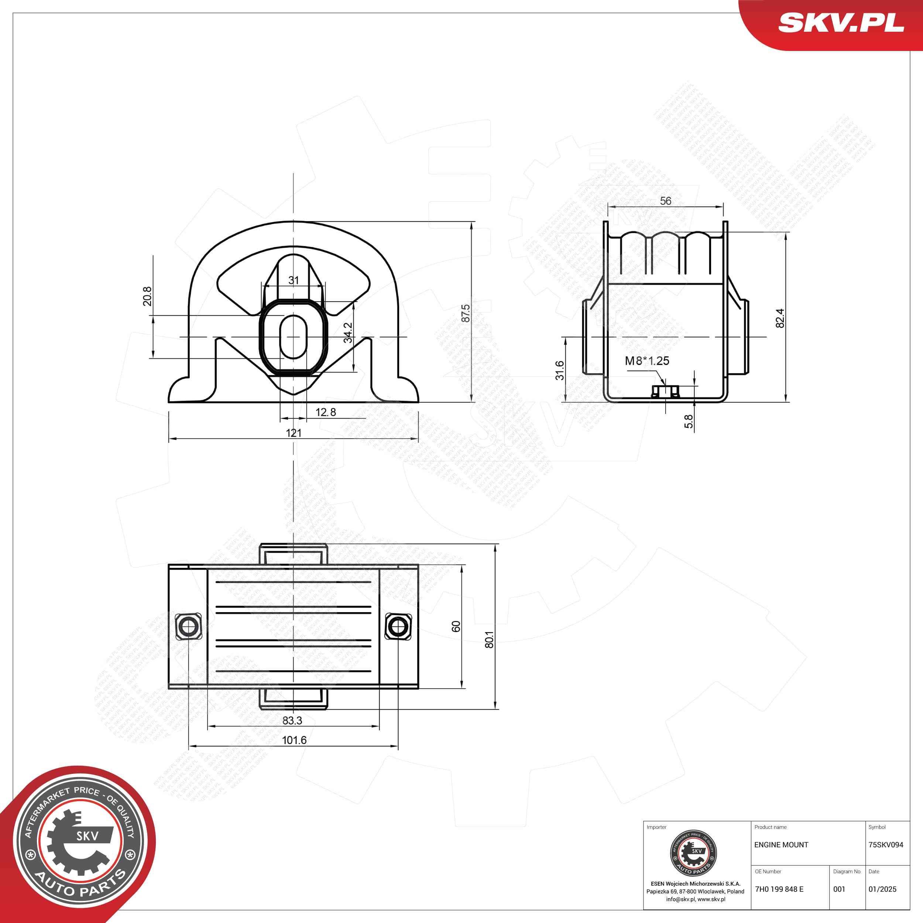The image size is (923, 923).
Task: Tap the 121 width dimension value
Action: click(x=294, y=433)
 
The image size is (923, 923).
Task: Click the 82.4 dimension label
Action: click(x=780, y=318)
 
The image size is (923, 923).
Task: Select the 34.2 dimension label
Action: click(x=348, y=333)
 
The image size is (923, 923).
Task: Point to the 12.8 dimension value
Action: click(x=326, y=412)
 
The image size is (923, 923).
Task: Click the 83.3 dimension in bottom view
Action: click(x=292, y=720)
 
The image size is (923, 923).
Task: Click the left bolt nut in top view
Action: click(x=188, y=626)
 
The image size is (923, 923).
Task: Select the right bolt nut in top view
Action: click(x=398, y=626)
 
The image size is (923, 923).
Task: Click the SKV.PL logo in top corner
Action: click(x=841, y=23)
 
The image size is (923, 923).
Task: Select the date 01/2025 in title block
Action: click(x=882, y=889)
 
